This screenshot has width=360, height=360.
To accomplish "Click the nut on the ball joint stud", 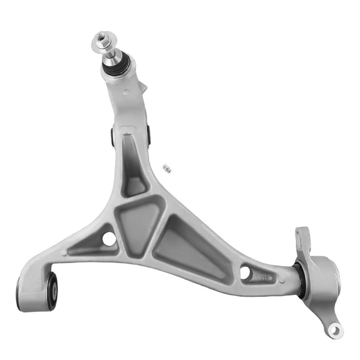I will pos(101,42).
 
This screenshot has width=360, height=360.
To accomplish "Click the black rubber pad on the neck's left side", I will pos(112,136).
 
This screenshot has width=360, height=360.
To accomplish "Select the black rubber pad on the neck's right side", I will pos(149,132).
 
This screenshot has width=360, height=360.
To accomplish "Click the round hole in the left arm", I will pos(109,239).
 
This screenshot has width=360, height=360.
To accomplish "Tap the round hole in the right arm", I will pos(245,272).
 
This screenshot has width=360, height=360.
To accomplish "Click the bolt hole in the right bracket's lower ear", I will pos(334,329).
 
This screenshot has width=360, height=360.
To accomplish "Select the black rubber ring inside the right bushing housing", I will pos(301,279).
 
